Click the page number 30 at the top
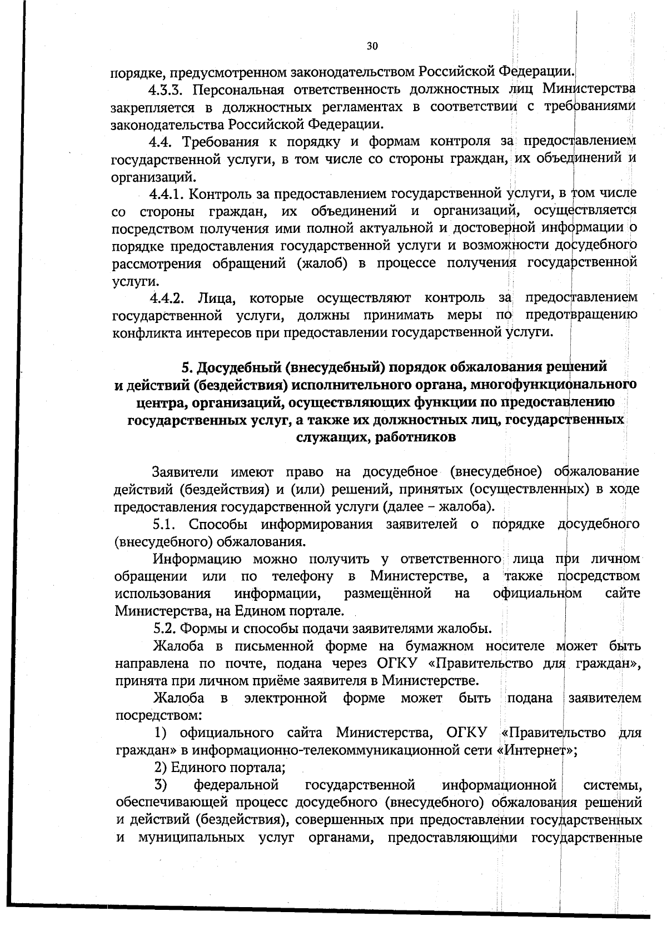[x=372, y=46]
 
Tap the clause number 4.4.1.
[x=167, y=194]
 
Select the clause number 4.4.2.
[x=168, y=298]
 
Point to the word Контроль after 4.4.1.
[x=222, y=194]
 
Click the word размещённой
[x=388, y=593]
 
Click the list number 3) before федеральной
[x=161, y=785]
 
